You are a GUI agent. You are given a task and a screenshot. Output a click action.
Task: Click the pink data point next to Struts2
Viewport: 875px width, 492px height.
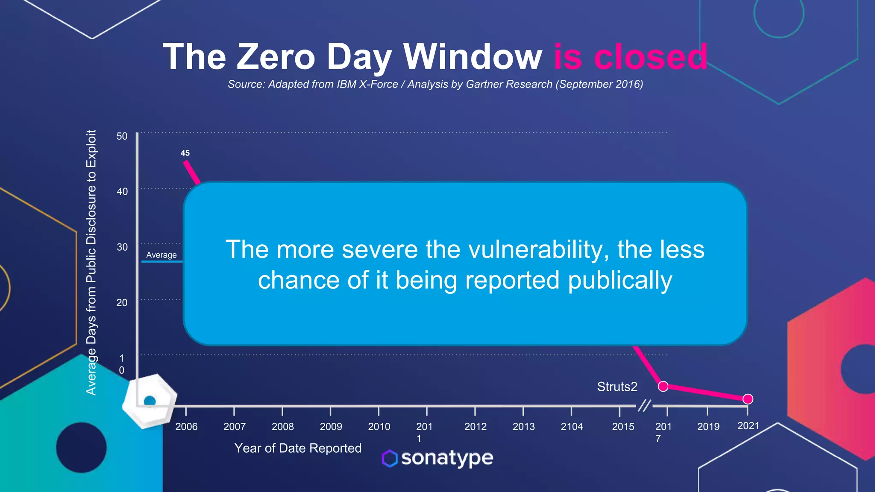663,386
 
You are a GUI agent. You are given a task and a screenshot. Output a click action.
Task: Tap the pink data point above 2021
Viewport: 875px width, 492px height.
748,399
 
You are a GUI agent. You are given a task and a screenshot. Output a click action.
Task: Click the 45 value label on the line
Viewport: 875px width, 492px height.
185,153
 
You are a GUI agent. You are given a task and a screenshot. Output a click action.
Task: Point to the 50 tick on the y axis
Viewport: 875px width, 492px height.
122,136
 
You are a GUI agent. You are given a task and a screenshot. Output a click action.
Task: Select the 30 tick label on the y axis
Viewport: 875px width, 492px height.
122,247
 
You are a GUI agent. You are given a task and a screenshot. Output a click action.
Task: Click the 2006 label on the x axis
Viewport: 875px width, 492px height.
186,427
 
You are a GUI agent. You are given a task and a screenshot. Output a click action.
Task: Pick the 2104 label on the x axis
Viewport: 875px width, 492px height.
572,427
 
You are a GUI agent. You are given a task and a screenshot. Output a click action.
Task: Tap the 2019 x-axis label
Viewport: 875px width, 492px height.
708,427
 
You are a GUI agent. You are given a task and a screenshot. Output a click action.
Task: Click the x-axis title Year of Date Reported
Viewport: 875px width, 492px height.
298,448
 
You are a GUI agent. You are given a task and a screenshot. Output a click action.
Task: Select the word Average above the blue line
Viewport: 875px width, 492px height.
161,255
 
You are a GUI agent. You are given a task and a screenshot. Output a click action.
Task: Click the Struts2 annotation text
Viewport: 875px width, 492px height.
617,387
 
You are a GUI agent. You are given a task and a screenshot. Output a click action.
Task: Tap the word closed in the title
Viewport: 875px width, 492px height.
651,57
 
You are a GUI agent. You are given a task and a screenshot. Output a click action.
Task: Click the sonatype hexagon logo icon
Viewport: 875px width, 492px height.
390,459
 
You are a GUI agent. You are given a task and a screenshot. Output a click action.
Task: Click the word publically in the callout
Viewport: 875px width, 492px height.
620,281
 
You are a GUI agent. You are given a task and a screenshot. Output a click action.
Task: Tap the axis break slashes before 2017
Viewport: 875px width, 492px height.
644,405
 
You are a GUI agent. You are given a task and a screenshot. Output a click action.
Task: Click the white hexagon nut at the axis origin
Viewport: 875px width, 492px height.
150,401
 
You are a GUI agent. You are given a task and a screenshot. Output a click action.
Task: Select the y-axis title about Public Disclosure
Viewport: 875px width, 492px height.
91,263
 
